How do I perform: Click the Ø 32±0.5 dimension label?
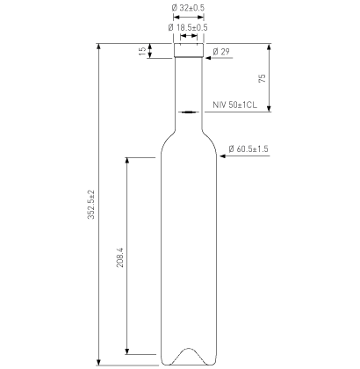click(x=188, y=8)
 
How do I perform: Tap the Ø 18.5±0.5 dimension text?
click(x=188, y=27)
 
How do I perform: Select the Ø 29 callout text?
click(x=221, y=52)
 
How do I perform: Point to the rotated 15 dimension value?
click(x=142, y=51)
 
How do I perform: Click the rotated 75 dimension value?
click(x=263, y=78)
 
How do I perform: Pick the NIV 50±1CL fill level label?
click(x=235, y=105)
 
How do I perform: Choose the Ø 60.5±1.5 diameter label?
click(x=248, y=148)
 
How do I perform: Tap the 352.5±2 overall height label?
click(x=91, y=205)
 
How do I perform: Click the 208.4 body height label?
click(x=120, y=257)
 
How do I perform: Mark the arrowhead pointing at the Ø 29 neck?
click(x=208, y=58)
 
